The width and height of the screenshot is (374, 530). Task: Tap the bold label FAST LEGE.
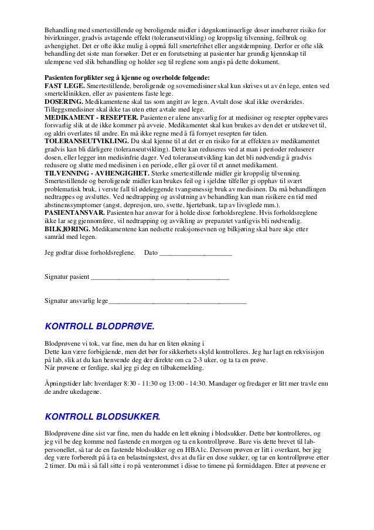click(63, 86)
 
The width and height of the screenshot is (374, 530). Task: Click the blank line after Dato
click(196, 254)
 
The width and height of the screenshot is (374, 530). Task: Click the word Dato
click(151, 254)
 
